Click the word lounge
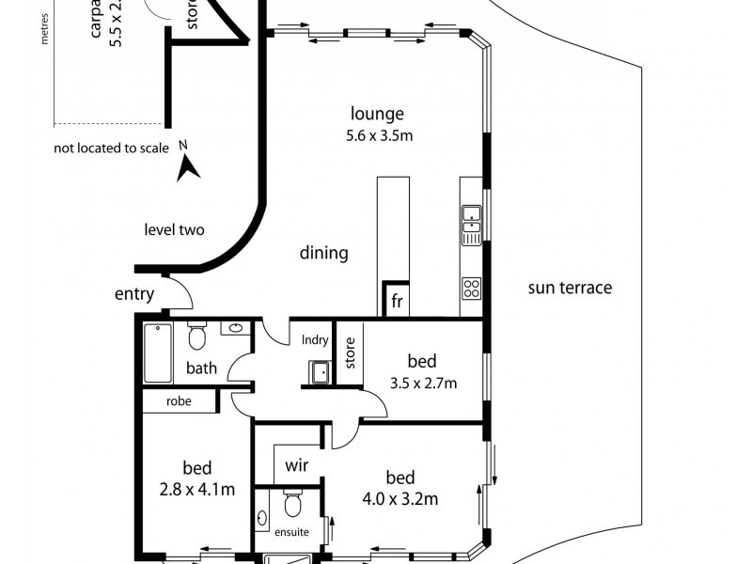(x=377, y=115)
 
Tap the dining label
(x=324, y=253)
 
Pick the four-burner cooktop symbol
(x=471, y=289)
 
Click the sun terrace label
(x=570, y=288)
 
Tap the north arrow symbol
(x=188, y=166)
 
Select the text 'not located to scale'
(x=111, y=148)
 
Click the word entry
(x=134, y=294)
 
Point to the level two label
(x=174, y=229)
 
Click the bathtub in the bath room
(x=157, y=353)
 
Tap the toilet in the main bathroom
(x=196, y=337)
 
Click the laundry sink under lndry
(x=320, y=372)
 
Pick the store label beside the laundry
(x=349, y=352)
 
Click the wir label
(x=296, y=464)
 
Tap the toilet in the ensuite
(x=292, y=506)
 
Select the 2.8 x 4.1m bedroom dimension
(x=197, y=489)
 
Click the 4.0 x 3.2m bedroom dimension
(x=400, y=499)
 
